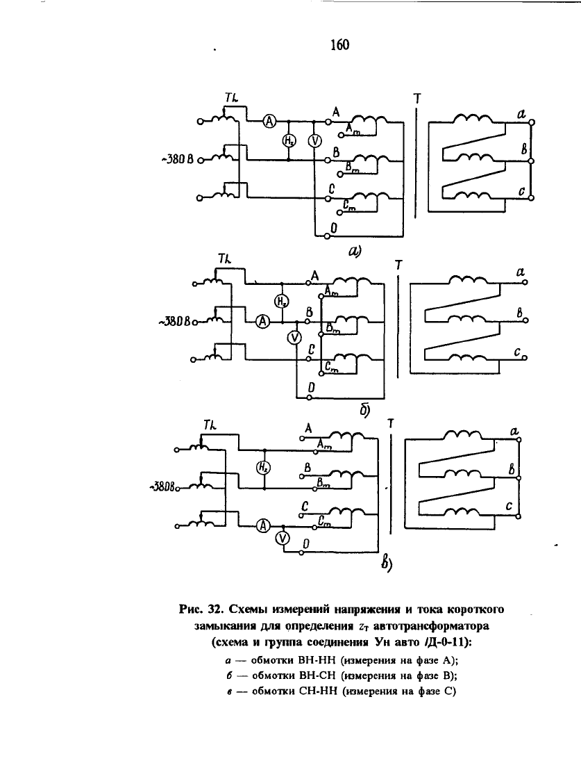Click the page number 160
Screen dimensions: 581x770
[339, 44]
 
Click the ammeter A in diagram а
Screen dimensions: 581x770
[269, 121]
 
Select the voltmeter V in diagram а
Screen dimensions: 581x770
[314, 141]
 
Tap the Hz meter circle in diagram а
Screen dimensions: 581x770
[289, 141]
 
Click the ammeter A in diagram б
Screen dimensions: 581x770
[263, 322]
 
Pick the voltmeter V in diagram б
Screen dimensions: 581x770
[294, 338]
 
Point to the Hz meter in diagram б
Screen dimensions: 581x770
[281, 301]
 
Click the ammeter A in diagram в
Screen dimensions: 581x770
[264, 526]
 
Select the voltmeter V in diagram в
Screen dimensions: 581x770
[282, 538]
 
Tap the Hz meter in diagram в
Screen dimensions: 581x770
[264, 468]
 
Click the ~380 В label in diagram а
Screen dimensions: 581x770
[176, 160]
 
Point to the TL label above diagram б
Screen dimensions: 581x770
[225, 259]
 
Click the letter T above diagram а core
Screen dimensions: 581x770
[417, 99]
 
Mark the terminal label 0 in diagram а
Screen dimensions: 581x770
[334, 228]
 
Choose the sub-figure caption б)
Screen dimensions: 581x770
[364, 410]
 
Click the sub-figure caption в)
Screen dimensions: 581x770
[387, 564]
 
